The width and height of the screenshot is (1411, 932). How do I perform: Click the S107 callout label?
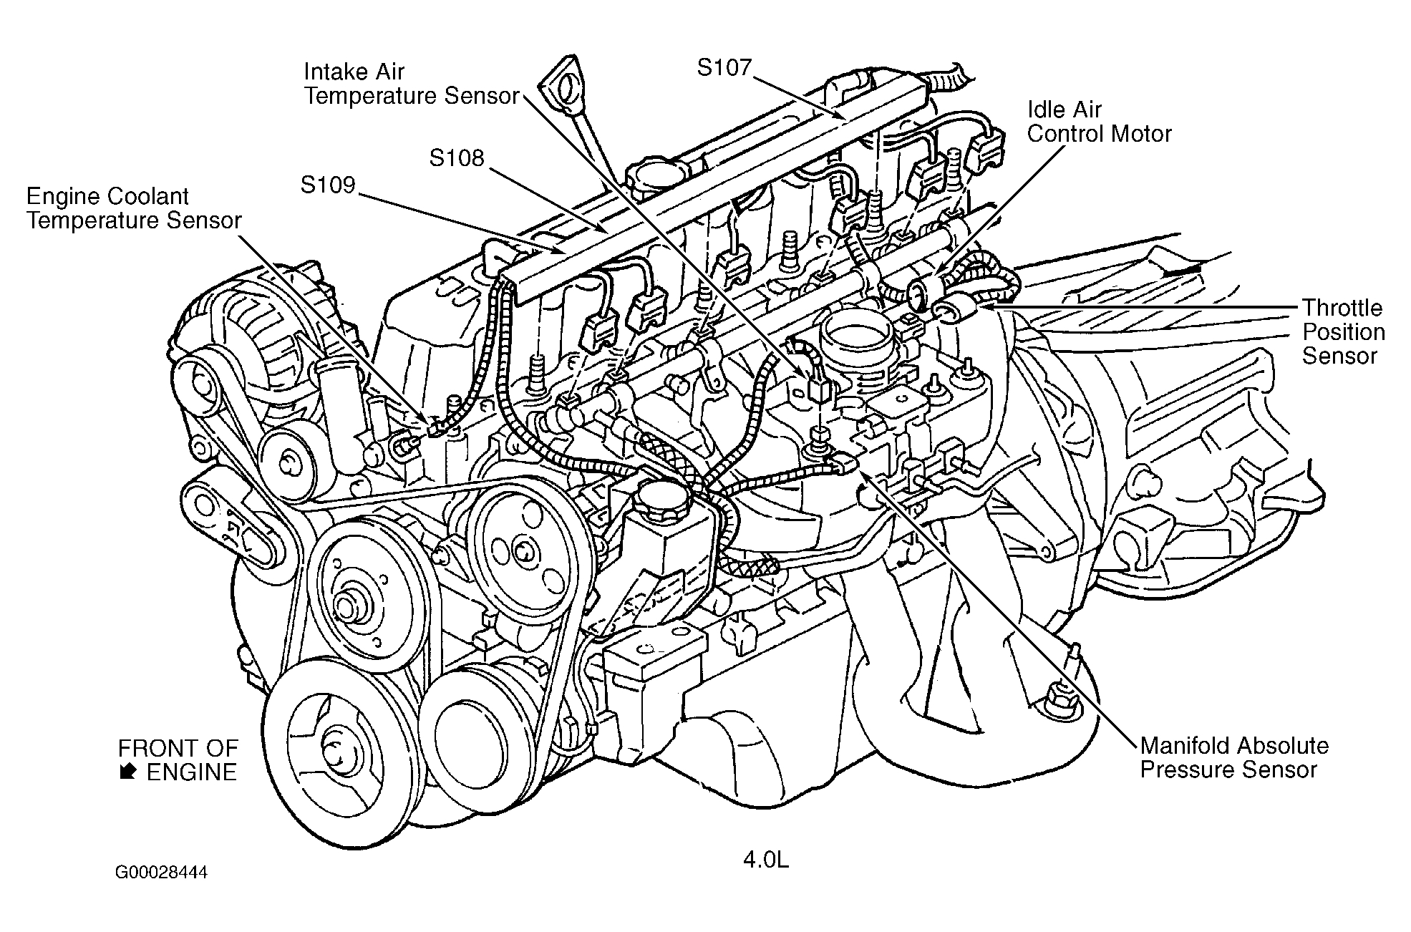pyautogui.click(x=724, y=68)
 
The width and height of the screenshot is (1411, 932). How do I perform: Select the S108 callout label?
pyautogui.click(x=457, y=158)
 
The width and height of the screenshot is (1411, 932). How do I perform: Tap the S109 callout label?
pyautogui.click(x=328, y=185)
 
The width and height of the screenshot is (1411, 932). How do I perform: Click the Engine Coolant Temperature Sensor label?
pyautogui.click(x=134, y=208)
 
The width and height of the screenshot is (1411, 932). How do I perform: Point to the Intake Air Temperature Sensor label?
pyautogui.click(x=411, y=84)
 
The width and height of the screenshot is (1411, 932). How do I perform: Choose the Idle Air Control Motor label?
pyautogui.click(x=1099, y=122)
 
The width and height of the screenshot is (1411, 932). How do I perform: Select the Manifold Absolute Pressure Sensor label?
pyautogui.click(x=1233, y=757)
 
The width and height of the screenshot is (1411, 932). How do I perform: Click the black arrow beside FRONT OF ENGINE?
pyautogui.click(x=129, y=772)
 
